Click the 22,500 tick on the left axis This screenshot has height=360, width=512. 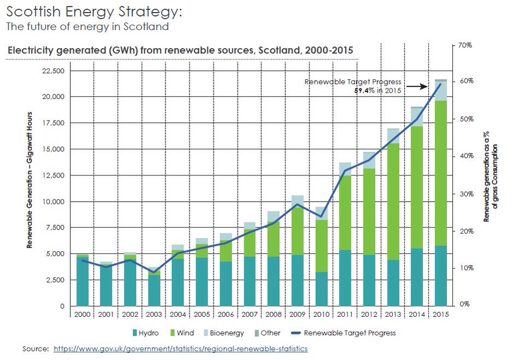[x=53, y=71]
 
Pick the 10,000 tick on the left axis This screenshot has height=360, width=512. [x=53, y=202]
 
